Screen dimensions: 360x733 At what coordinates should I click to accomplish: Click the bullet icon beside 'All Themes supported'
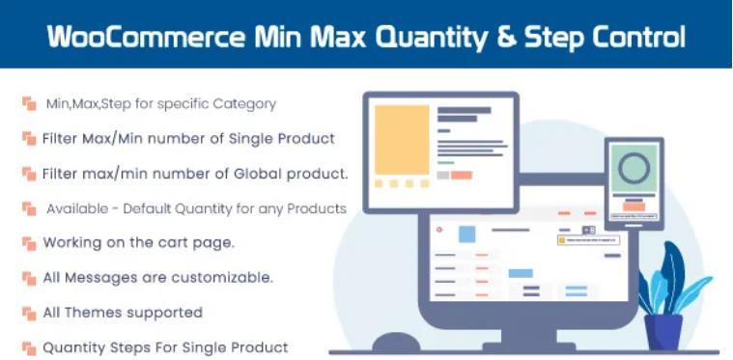28,313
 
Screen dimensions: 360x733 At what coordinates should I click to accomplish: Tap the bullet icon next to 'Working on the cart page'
28,243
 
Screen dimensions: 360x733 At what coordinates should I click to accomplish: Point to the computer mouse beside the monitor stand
395,343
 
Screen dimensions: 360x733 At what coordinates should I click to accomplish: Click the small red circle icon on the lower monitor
440,230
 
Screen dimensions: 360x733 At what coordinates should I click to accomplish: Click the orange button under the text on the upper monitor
461,175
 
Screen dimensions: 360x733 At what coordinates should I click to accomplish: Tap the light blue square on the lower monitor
467,234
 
